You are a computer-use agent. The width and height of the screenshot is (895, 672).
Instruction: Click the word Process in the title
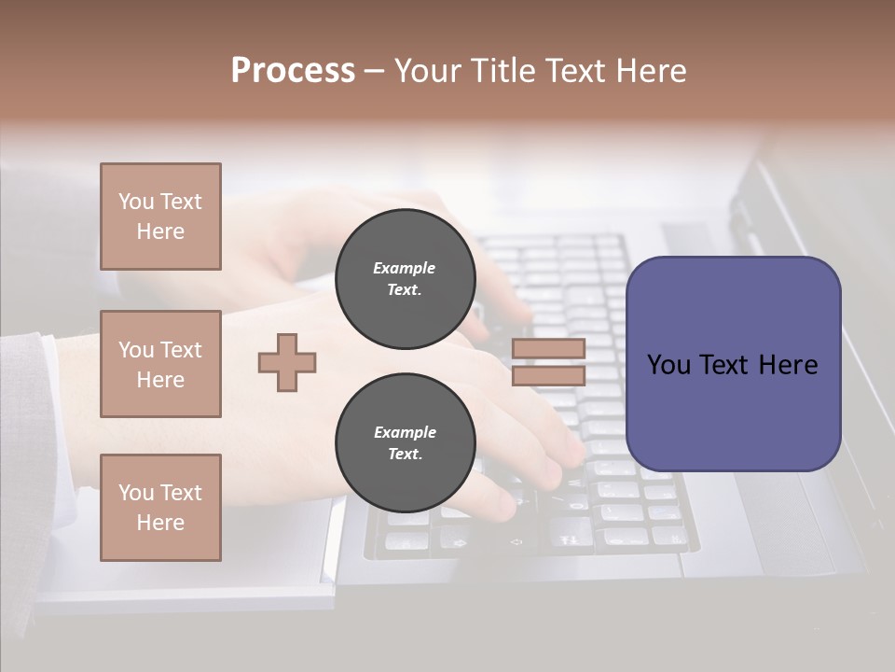point(293,71)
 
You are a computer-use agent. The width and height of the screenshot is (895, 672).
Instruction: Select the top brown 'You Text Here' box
point(160,217)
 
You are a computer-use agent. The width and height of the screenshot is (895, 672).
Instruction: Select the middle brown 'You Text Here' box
point(160,364)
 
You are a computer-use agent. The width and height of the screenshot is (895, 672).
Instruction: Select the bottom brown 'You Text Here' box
point(160,508)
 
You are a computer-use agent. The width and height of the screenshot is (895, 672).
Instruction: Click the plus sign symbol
point(287,362)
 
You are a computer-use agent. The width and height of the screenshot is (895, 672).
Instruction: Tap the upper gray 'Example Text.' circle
point(405,279)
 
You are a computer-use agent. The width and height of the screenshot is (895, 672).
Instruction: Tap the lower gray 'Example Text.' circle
point(405,443)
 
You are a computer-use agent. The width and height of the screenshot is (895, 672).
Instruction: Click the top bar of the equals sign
point(548,349)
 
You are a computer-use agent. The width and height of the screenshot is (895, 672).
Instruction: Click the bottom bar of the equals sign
point(548,375)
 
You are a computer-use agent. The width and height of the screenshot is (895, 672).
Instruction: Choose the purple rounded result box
point(733,411)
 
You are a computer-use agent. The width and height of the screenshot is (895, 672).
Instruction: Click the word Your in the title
point(428,71)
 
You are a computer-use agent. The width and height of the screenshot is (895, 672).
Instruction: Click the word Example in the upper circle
point(405,268)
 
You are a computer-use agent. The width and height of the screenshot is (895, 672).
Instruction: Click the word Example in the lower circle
point(405,432)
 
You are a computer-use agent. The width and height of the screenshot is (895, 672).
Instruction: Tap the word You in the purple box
point(669,364)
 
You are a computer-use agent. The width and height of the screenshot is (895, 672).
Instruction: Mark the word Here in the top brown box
point(160,231)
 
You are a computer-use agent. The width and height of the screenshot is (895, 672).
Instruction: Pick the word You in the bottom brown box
point(136,493)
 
